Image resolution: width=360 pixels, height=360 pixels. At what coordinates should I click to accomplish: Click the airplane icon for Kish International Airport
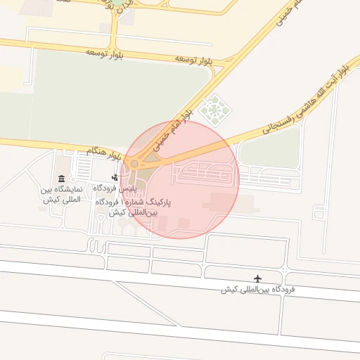257,279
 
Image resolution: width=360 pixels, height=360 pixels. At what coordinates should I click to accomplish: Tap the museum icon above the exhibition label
62,179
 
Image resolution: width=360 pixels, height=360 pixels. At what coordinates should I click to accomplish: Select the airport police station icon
115,178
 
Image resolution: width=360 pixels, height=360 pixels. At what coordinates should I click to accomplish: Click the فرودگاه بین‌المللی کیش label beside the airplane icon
257,290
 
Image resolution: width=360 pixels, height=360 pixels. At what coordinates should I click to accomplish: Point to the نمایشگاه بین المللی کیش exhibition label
62,195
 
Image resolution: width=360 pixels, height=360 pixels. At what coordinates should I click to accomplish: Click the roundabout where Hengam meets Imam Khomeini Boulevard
134,164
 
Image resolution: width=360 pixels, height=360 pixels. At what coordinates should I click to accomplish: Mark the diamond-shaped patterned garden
211,109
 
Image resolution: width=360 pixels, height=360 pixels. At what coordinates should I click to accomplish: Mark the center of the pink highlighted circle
180,179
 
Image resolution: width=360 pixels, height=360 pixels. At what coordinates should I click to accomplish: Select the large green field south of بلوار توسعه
112,98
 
